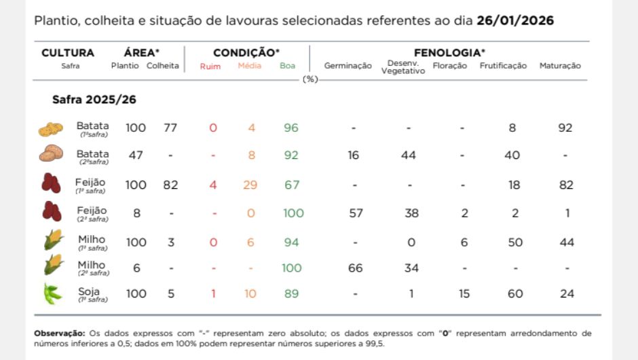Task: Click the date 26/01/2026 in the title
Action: coord(515,20)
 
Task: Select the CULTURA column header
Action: coord(68,53)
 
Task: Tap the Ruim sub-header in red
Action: coord(210,67)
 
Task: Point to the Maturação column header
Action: coord(560,66)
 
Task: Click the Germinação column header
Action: coord(348,66)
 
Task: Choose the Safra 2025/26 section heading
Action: coord(94,99)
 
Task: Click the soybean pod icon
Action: coord(52,293)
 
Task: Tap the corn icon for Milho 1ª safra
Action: coord(52,241)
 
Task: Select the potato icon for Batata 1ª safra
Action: coord(51,128)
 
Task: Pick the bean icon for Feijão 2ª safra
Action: coord(51,212)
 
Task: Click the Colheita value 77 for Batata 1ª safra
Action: coord(170,128)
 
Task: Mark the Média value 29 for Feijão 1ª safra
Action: coord(250,185)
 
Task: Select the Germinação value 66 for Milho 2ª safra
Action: coord(355,268)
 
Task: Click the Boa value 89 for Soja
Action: coord(291,293)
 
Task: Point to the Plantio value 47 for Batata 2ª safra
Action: coord(136,155)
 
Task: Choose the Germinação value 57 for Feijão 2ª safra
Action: coord(355,213)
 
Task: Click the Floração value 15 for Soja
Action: coord(464,293)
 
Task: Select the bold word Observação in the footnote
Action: coord(60,334)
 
